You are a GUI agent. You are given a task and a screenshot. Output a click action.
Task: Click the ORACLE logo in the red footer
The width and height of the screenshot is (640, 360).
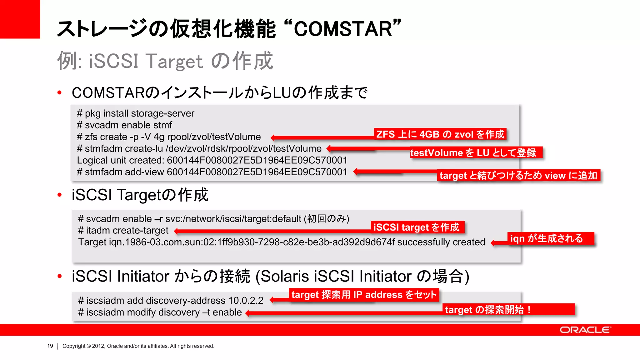[585, 330]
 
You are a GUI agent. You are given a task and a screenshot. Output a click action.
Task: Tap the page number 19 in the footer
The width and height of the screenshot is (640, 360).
[50, 346]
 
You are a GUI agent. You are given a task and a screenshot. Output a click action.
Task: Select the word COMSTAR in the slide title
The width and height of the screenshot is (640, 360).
[343, 29]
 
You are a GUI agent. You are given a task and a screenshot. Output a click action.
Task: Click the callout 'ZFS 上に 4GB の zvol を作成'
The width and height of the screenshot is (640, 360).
[440, 134]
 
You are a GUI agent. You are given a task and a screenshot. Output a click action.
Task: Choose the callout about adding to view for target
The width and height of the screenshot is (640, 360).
[518, 176]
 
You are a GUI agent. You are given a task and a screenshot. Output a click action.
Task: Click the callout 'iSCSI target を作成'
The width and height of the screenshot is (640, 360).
[417, 227]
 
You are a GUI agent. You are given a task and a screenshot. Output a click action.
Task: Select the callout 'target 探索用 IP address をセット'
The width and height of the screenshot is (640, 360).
[364, 295]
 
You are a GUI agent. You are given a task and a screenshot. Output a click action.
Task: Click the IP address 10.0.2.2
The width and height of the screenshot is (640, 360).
[246, 301]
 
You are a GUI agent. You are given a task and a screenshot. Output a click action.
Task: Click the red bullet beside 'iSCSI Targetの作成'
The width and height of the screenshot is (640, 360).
[60, 195]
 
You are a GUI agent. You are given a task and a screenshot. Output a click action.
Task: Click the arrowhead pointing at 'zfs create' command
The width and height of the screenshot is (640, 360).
[273, 137]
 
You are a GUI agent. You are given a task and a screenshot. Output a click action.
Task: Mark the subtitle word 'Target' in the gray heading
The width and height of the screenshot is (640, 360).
[174, 61]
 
